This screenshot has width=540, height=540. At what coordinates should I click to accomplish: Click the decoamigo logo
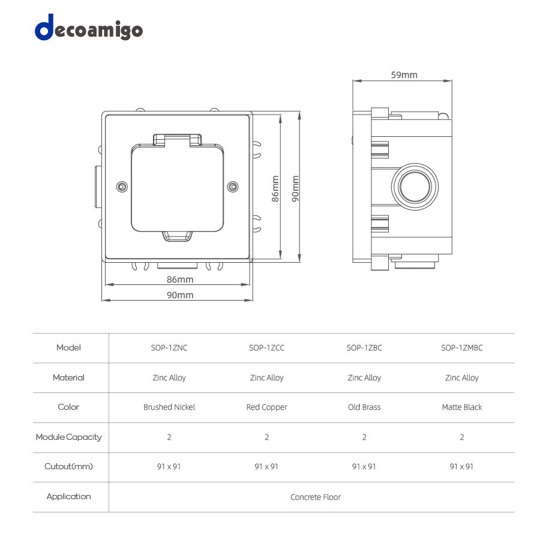(x=89, y=28)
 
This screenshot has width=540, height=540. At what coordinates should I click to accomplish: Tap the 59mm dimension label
(x=404, y=75)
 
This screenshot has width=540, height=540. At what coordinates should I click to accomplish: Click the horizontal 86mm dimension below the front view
(x=180, y=279)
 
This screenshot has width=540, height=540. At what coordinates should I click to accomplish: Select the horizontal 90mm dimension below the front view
(x=180, y=295)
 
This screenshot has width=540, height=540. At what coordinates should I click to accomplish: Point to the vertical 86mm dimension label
(x=275, y=189)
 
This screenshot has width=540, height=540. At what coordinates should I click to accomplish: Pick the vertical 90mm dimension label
(x=295, y=189)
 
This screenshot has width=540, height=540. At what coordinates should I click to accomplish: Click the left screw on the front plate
(x=122, y=187)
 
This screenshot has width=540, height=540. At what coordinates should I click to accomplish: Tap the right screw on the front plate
(x=233, y=187)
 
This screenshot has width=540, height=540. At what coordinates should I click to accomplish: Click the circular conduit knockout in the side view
(x=415, y=187)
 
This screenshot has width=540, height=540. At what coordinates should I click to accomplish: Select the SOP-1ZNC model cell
(x=169, y=348)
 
